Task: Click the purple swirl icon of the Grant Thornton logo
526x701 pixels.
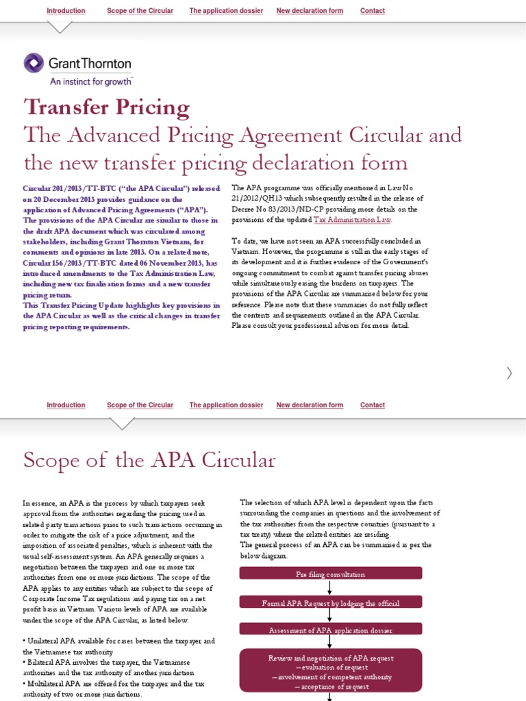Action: [x=34, y=64]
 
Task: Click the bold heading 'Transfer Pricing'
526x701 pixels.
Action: [x=106, y=107]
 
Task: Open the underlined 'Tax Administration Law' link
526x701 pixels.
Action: [x=352, y=220]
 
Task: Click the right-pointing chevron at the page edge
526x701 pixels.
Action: [x=509, y=373]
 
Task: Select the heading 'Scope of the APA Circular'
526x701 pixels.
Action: [x=149, y=460]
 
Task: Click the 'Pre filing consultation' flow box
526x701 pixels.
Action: [x=330, y=574]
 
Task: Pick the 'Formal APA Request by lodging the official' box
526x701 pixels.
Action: [x=330, y=602]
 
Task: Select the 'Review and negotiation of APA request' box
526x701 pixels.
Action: [x=330, y=672]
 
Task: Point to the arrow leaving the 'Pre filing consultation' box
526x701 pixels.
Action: [x=330, y=587]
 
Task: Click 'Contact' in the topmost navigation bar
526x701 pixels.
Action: [x=372, y=11]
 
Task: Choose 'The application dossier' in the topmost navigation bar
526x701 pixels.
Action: [x=226, y=11]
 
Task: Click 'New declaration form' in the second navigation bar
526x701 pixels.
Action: [x=310, y=405]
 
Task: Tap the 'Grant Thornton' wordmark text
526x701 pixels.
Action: [x=90, y=64]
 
